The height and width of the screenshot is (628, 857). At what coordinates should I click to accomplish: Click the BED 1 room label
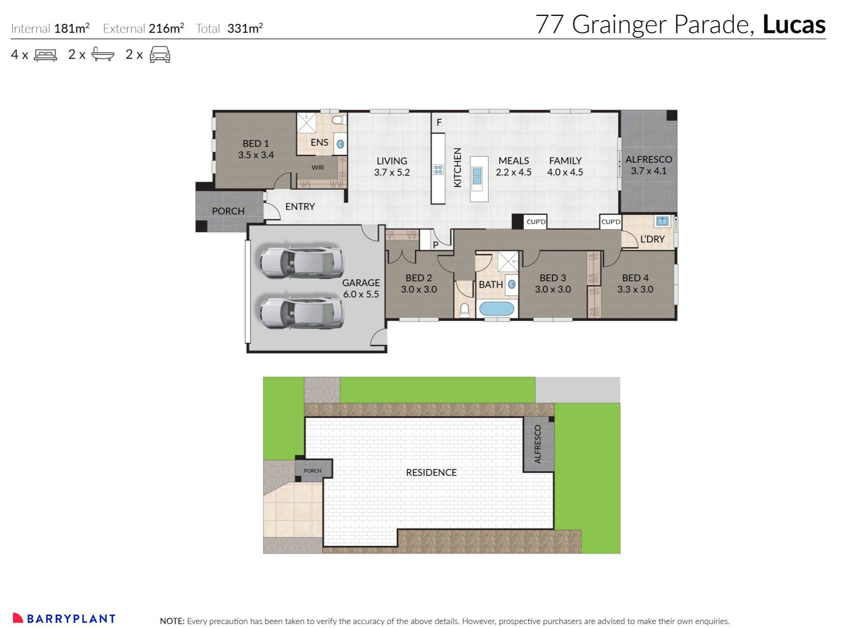pos(256,149)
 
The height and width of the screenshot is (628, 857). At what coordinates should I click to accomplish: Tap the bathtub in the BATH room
pos(496,309)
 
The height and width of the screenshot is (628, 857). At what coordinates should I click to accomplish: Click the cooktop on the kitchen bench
pos(438,169)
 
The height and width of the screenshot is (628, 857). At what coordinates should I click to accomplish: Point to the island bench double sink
pos(477,176)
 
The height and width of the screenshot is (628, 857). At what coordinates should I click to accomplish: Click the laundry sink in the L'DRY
pos(662,221)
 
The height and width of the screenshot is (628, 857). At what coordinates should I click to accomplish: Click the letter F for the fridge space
pos(439,123)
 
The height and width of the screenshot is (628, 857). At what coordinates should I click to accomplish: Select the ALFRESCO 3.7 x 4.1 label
pos(649,165)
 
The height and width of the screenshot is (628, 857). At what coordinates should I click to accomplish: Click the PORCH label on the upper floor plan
pos(228,211)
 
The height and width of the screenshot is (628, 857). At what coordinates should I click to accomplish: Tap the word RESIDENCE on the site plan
pos(431,472)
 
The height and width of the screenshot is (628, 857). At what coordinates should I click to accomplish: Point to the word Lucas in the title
pos(794,24)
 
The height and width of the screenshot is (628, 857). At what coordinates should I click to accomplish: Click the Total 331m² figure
pos(244,28)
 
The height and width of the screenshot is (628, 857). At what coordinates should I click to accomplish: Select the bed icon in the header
pos(45,55)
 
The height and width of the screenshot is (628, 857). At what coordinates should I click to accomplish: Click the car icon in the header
pos(160,55)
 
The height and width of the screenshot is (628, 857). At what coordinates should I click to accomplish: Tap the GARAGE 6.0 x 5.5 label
pos(361,288)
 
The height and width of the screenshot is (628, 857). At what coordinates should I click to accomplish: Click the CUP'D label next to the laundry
pos(611,222)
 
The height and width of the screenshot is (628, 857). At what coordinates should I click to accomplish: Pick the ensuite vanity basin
pos(341,144)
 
